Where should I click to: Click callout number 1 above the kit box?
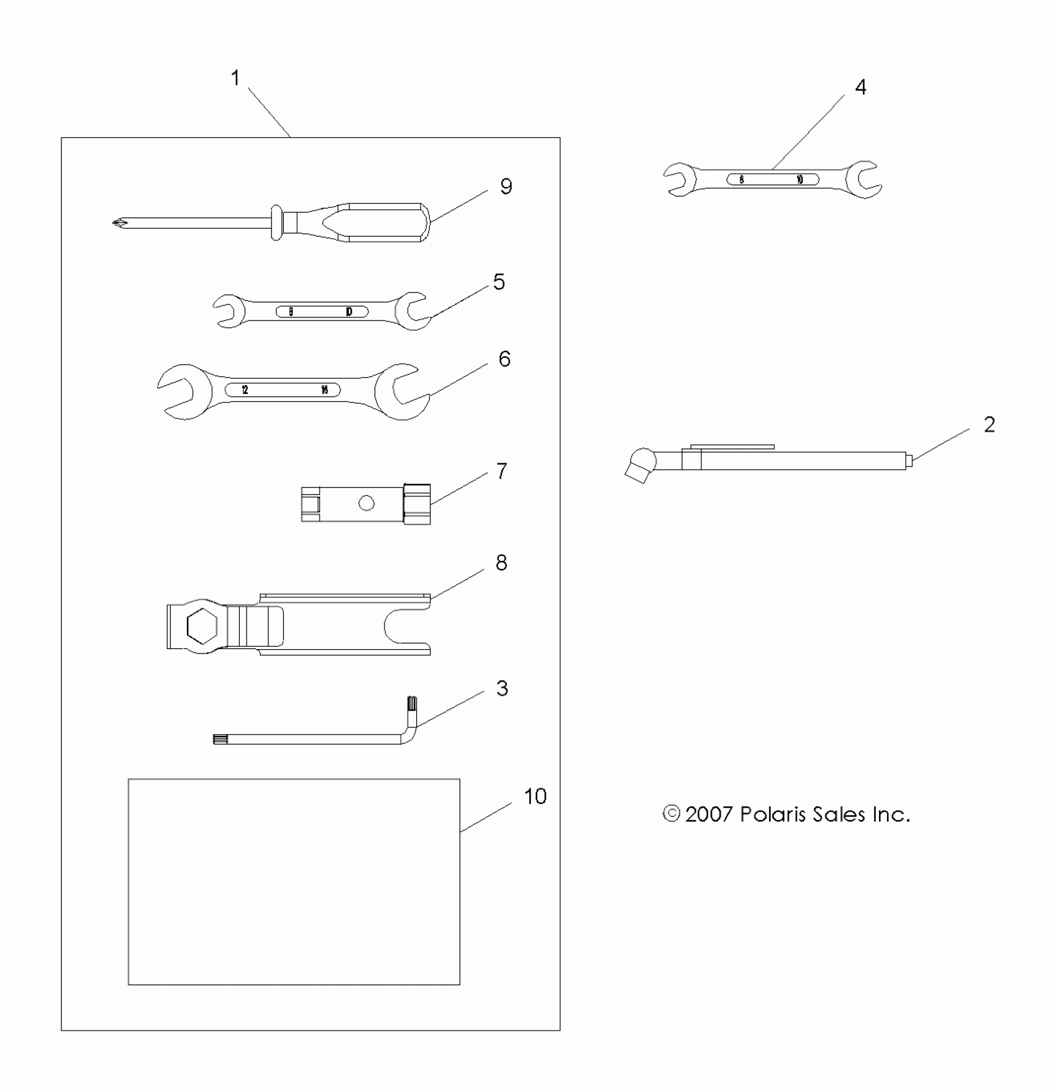point(235,78)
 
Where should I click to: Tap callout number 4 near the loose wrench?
point(860,87)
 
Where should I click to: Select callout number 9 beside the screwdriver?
point(506,186)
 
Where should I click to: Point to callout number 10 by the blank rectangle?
point(535,796)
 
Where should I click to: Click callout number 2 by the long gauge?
point(990,425)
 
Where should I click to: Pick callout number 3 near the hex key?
point(502,688)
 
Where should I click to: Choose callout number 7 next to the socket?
point(502,471)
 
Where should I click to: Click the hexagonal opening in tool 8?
point(203,626)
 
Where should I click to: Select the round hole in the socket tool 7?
point(366,503)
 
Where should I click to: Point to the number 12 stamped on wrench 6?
point(245,390)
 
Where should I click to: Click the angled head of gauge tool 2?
point(640,466)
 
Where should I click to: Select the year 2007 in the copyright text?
point(709,814)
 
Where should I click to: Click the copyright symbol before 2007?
point(671,814)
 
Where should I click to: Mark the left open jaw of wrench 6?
point(177,391)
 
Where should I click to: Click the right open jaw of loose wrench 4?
point(863,180)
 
